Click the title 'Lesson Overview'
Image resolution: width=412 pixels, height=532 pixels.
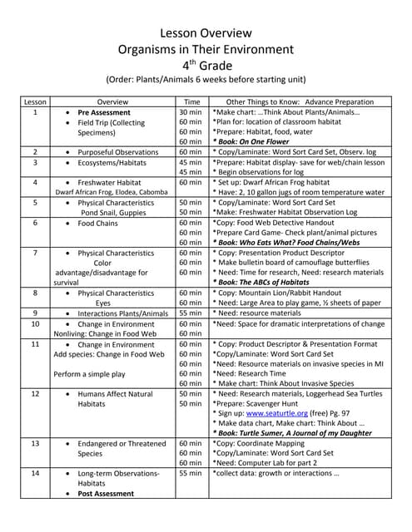point(206,33)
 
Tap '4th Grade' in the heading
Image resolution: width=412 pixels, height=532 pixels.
point(205,65)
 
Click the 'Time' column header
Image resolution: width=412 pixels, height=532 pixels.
point(190,101)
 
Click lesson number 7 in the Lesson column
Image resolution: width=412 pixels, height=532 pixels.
point(35,253)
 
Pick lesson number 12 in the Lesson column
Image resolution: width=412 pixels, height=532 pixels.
point(35,394)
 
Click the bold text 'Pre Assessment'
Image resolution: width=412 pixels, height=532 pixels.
point(104,112)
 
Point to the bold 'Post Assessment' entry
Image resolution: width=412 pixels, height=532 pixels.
point(106,494)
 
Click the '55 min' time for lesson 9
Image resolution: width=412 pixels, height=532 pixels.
point(190,313)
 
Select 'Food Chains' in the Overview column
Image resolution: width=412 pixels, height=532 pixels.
point(98,223)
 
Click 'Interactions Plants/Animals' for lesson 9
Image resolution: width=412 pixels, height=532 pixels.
point(117,313)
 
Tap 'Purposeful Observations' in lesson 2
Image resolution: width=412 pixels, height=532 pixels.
point(117,152)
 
